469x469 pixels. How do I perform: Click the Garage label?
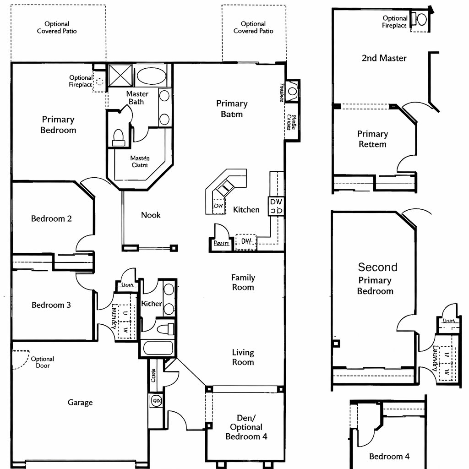click(x=80, y=403)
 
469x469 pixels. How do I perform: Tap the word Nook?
click(x=151, y=215)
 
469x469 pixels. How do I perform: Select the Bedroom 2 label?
click(x=51, y=218)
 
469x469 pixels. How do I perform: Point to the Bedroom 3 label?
click(x=51, y=305)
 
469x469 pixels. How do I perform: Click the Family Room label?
click(x=243, y=282)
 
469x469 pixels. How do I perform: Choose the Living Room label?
click(x=243, y=357)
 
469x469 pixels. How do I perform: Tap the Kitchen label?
click(x=246, y=210)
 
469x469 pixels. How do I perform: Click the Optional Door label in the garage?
click(x=42, y=362)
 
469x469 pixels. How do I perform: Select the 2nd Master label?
click(x=384, y=58)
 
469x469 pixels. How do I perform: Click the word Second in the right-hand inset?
click(x=377, y=267)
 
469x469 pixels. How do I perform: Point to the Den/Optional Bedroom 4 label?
click(x=246, y=427)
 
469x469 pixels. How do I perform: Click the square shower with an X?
click(x=120, y=76)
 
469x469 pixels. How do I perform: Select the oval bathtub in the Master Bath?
click(x=153, y=76)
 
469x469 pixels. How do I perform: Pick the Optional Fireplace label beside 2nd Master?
click(x=394, y=22)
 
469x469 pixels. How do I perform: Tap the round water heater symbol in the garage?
click(x=156, y=401)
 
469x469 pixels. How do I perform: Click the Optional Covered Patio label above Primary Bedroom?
click(x=57, y=27)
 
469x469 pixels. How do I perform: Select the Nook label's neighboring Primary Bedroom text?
click(x=58, y=125)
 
